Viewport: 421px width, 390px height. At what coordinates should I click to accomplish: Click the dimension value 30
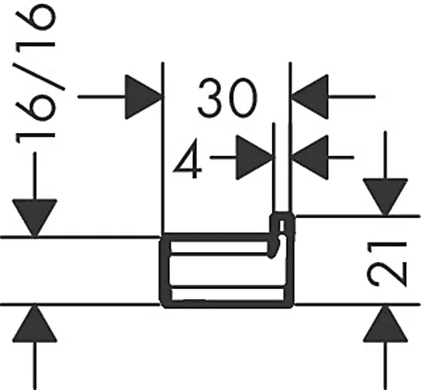tap(227, 98)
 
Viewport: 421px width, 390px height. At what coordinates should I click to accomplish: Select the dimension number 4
tap(188, 159)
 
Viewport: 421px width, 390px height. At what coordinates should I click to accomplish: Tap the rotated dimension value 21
tap(387, 264)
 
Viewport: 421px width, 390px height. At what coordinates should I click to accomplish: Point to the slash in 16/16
tap(39, 77)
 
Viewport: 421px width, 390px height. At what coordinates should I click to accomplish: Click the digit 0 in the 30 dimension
tap(243, 98)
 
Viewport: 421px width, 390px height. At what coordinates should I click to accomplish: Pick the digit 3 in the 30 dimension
tap(212, 98)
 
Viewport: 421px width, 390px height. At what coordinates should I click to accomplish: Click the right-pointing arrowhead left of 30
tap(143, 97)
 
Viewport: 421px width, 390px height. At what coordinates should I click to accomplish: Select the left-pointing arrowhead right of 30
tap(310, 97)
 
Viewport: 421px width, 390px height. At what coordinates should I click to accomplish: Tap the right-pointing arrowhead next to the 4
tap(254, 158)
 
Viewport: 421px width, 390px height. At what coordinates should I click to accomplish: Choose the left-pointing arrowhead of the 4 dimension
tap(310, 158)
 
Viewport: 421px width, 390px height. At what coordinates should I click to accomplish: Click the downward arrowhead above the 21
tap(386, 197)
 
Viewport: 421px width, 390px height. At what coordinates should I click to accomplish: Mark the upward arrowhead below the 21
tap(386, 323)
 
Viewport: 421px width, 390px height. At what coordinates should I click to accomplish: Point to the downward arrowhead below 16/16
tap(35, 218)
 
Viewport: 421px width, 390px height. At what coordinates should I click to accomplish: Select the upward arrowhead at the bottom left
tap(35, 323)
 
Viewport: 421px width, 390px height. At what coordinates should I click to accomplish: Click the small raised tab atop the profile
tap(282, 223)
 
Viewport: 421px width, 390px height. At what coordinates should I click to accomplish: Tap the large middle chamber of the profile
tap(226, 272)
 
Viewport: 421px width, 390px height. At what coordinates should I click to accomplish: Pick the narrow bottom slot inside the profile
tap(227, 295)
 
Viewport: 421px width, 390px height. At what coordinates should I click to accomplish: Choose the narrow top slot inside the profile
tap(219, 247)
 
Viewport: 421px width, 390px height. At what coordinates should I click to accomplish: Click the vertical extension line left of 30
tap(163, 149)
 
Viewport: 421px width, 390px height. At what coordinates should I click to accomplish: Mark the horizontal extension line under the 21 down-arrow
tap(358, 216)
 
